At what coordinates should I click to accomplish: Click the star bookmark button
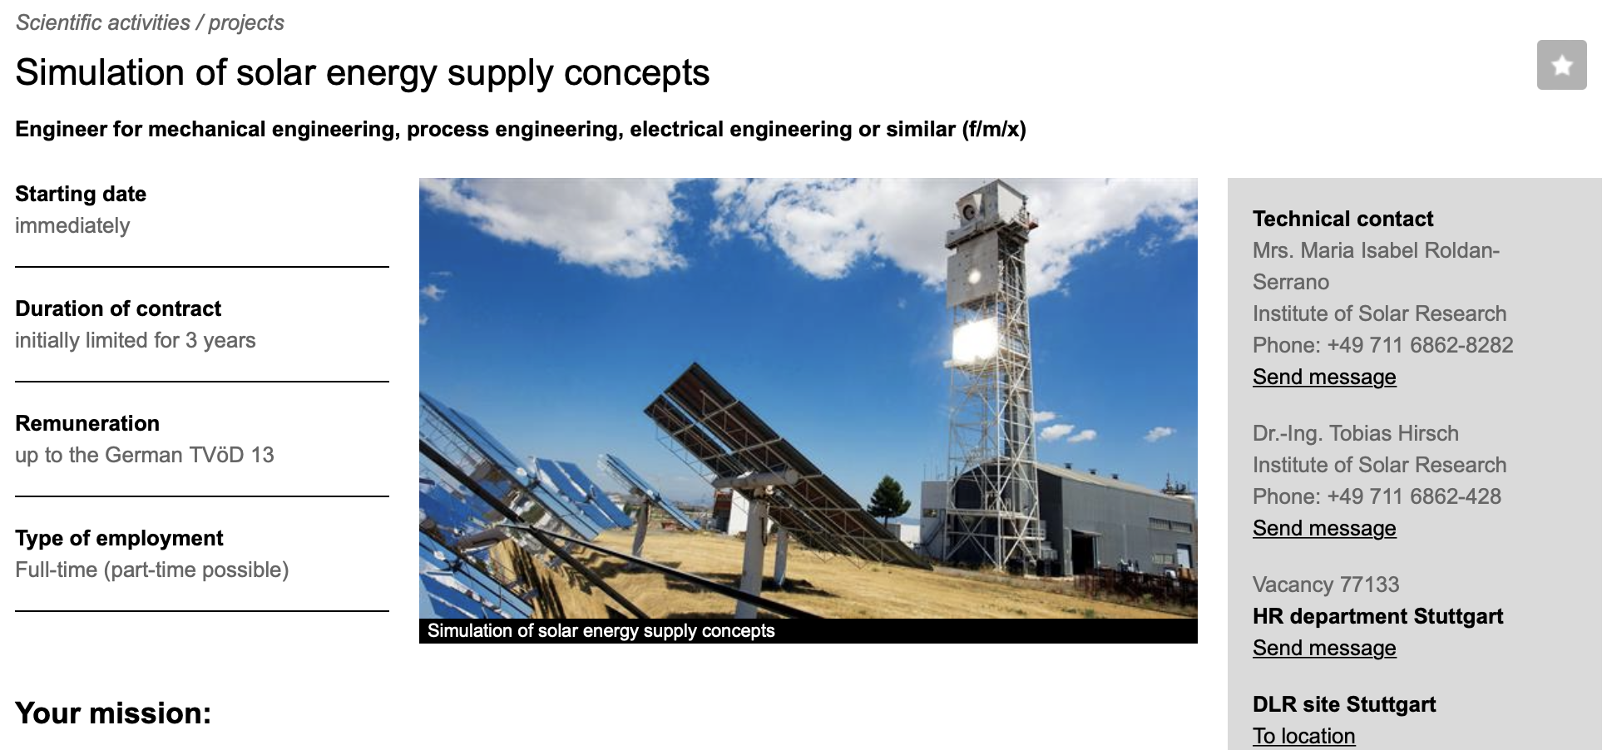click(x=1561, y=65)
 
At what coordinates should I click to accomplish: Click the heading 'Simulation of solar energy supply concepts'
click(x=363, y=72)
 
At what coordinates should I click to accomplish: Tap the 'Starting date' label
click(x=81, y=194)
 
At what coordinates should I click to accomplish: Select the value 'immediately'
click(x=72, y=225)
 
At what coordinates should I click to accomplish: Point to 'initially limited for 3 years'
click(x=136, y=340)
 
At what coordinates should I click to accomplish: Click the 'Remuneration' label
click(x=87, y=423)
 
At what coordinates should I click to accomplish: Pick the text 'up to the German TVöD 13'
click(x=145, y=455)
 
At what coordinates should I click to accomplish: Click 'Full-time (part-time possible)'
click(x=152, y=570)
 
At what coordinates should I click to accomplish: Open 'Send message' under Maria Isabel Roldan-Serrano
click(x=1324, y=377)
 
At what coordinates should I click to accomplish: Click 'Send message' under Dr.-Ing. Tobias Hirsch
click(x=1324, y=528)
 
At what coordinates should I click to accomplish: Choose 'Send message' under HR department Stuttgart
click(x=1324, y=648)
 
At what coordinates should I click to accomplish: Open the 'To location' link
click(x=1303, y=736)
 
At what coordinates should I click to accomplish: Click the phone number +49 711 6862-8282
click(x=1420, y=345)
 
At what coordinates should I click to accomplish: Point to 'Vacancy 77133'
click(x=1326, y=585)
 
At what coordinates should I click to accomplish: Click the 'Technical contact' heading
click(x=1343, y=219)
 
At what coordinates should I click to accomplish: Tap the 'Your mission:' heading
click(x=113, y=713)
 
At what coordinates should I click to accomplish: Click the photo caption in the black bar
click(x=601, y=630)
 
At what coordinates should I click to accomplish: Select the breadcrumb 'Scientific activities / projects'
click(x=150, y=22)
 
